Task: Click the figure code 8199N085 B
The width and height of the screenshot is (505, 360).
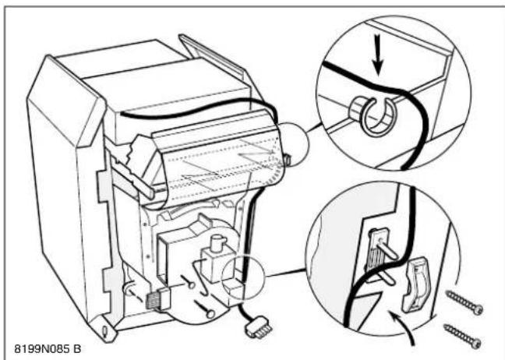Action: click(48, 348)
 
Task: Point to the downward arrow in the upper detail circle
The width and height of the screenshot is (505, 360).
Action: click(379, 55)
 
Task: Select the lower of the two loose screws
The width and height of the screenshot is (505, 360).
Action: click(462, 336)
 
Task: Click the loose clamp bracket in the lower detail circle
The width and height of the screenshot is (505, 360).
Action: click(415, 284)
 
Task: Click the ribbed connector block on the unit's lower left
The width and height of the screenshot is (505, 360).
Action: click(157, 298)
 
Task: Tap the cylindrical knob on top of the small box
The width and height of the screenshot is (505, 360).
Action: click(217, 243)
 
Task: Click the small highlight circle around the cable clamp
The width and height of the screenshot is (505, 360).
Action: click(242, 277)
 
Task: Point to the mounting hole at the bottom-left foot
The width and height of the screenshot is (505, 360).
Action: click(105, 330)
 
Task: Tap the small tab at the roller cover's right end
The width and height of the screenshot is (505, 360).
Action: click(288, 159)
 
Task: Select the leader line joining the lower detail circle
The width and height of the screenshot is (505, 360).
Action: click(284, 273)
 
